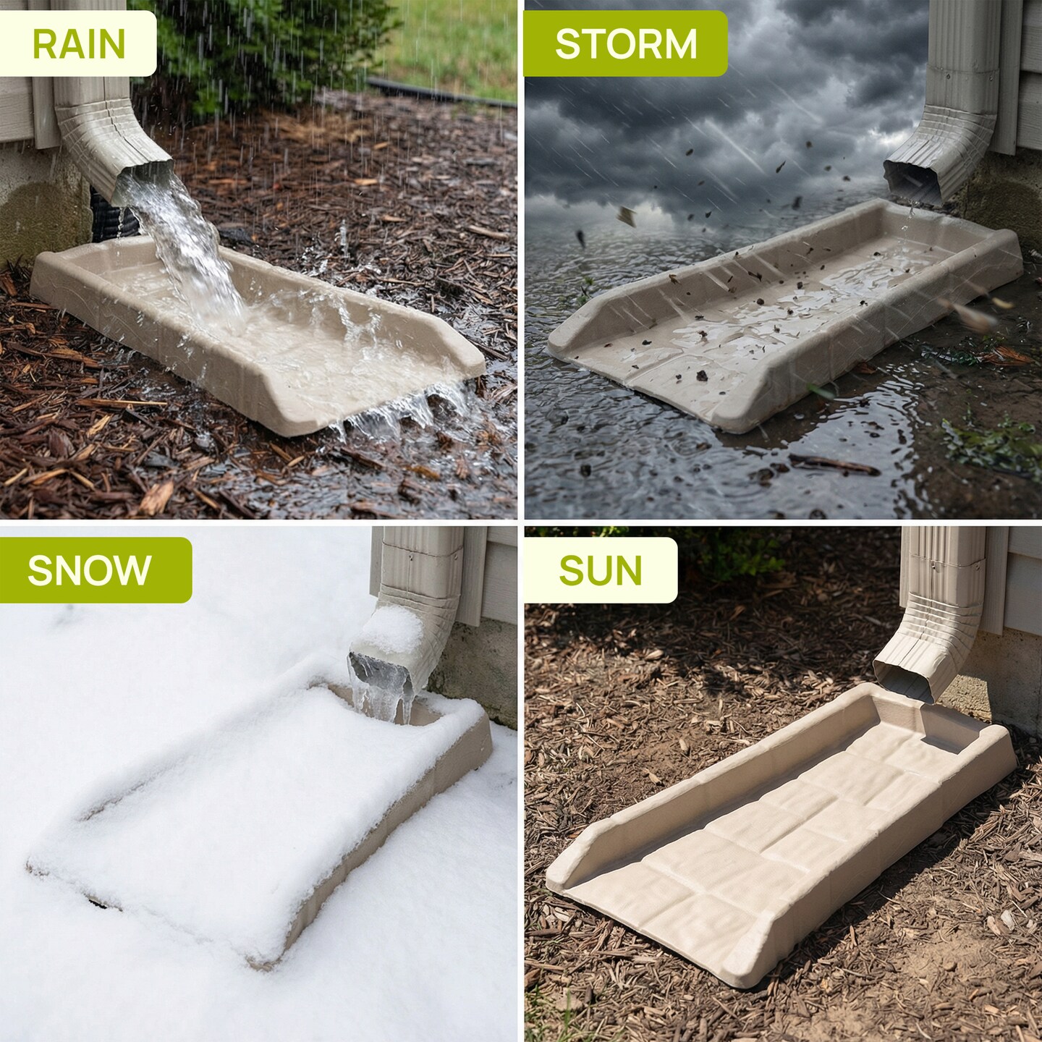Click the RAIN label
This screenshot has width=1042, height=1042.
click(x=79, y=44)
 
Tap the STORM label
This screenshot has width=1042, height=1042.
click(x=626, y=44)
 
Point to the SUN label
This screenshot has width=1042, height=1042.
click(x=600, y=570)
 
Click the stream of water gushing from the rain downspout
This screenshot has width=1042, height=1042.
click(x=184, y=243)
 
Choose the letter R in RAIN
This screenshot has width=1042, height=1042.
click(x=43, y=44)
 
